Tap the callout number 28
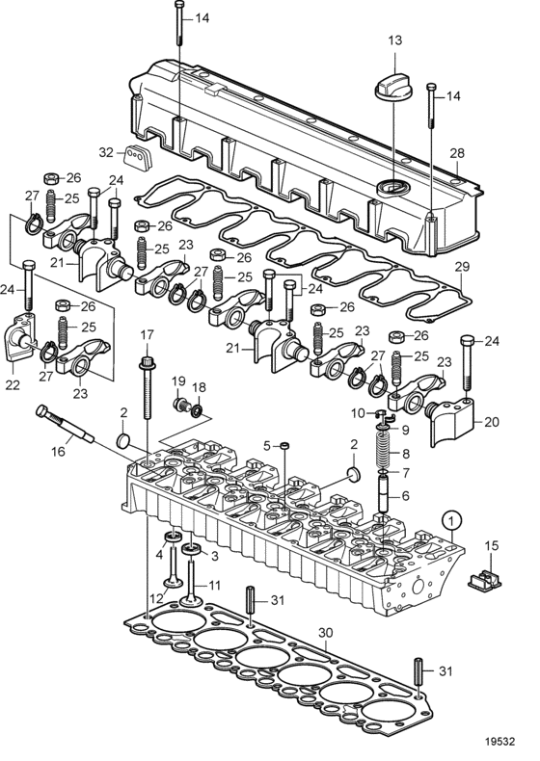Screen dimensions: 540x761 [x=457, y=153]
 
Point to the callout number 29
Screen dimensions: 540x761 [x=462, y=266]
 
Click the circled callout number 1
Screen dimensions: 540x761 [x=451, y=522]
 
